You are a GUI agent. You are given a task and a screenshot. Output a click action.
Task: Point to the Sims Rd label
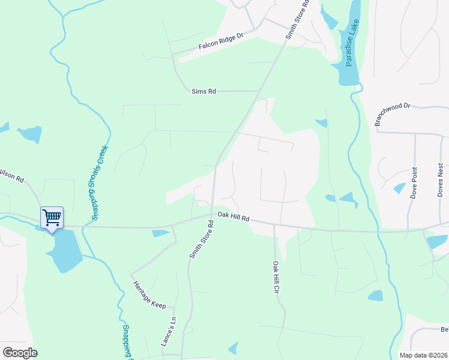[x=203, y=91]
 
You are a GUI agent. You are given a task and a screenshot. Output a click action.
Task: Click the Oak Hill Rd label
[x=234, y=217]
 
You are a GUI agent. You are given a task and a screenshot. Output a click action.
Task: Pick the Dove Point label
[x=414, y=182]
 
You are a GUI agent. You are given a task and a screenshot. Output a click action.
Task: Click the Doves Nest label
[x=441, y=179]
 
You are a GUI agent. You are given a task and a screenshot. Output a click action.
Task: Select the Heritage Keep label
[x=149, y=295]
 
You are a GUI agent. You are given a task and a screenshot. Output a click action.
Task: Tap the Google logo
[x=20, y=353]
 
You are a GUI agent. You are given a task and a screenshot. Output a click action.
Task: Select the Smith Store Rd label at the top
[x=298, y=19]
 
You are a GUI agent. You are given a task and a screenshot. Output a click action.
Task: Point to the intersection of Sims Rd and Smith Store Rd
[x=259, y=91]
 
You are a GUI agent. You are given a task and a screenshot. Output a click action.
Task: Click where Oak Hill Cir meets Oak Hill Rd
[x=274, y=226]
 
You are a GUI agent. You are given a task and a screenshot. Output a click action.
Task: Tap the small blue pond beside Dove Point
[x=399, y=188]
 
